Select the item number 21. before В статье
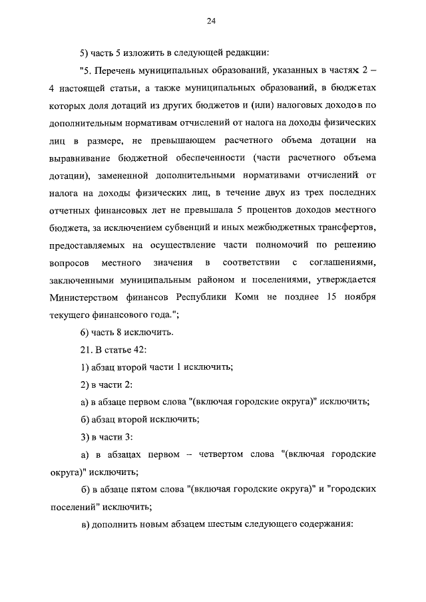(87, 349)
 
